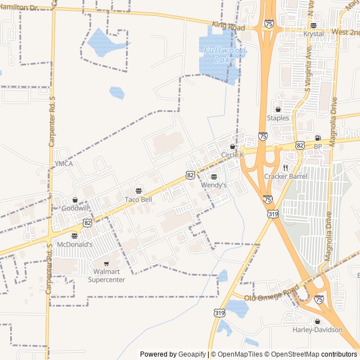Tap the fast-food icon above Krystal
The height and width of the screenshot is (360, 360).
tap(313, 25)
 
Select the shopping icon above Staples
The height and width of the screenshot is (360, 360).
tap(278, 110)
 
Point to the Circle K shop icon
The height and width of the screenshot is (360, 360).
tap(233, 146)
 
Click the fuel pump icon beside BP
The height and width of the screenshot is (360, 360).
tap(318, 138)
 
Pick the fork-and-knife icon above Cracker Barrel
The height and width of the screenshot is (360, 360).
tap(286, 168)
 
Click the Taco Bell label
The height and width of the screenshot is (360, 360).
tap(138, 200)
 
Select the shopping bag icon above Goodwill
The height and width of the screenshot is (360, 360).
tap(75, 200)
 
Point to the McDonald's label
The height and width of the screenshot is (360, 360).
tap(74, 244)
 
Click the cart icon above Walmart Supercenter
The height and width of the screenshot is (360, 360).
tap(106, 263)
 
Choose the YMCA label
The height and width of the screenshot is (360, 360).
tap(64, 164)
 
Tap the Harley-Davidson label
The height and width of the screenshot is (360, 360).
tap(317, 330)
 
